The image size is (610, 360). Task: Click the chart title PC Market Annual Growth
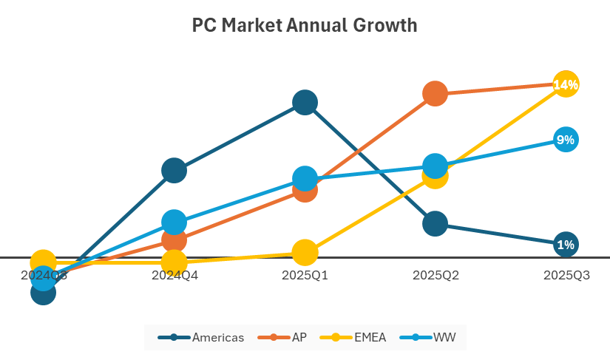(305, 26)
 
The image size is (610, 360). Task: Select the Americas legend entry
(201, 338)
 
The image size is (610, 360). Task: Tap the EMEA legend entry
(354, 338)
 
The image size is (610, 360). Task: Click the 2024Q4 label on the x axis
(174, 276)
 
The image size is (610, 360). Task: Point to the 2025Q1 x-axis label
(305, 276)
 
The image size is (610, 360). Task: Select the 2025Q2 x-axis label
(436, 276)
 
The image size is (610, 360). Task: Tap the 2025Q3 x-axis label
(566, 276)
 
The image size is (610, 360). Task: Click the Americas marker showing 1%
(566, 244)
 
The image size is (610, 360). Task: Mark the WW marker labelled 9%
(566, 140)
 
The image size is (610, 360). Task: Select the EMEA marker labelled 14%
(566, 84)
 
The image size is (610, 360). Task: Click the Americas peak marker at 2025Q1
(305, 103)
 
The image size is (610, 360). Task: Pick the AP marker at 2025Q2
(436, 94)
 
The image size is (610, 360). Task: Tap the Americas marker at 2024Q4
(174, 171)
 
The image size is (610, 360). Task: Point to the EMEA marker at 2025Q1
(305, 252)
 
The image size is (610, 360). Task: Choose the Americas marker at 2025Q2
(436, 223)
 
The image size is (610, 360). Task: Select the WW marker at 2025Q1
(305, 178)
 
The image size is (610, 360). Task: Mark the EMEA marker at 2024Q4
(174, 262)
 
